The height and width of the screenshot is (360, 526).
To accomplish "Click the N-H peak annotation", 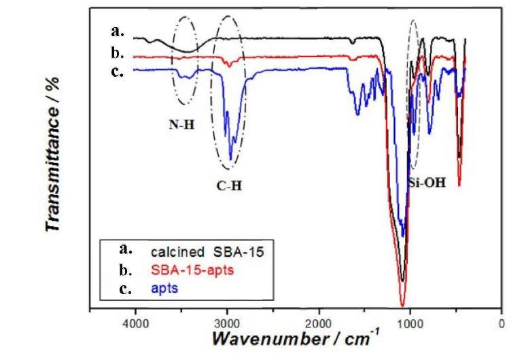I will (183, 124).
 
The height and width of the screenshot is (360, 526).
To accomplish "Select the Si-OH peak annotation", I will (427, 182).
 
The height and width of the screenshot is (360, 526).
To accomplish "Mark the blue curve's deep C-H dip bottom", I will (231, 160).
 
